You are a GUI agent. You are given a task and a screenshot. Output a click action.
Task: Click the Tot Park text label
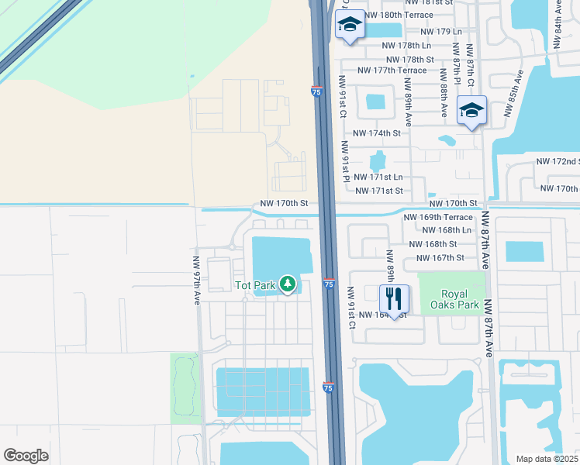255,285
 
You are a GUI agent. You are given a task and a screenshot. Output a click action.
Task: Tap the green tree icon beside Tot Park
288,285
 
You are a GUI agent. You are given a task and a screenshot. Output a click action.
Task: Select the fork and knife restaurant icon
394,298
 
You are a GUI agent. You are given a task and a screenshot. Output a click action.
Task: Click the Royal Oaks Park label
460,300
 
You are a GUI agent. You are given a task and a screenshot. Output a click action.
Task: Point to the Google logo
26,455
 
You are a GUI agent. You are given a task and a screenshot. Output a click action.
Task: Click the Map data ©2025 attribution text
547,459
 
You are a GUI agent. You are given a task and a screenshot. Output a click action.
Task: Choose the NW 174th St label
376,133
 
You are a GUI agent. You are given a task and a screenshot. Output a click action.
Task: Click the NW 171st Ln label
378,177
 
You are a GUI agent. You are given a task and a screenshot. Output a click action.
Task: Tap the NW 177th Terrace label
392,71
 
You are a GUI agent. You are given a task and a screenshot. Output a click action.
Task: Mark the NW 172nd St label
558,161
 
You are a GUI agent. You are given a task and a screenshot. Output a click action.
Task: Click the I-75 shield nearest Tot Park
329,285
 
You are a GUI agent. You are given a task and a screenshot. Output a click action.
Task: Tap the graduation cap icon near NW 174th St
471,112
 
